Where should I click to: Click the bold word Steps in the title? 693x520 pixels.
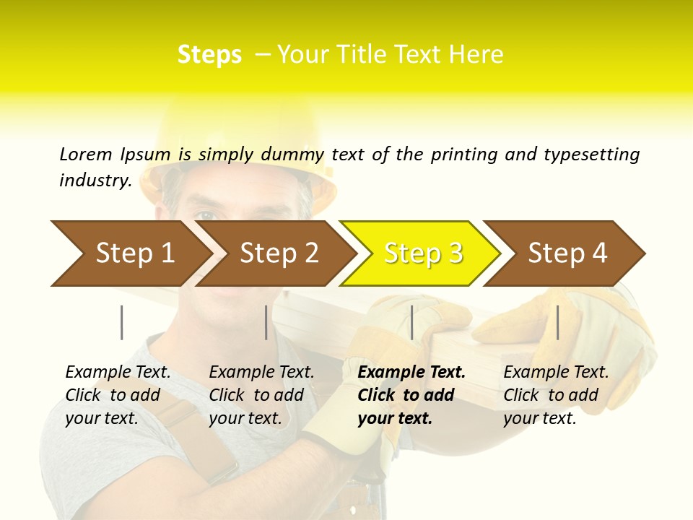209,54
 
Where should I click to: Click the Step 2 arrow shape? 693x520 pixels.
279,253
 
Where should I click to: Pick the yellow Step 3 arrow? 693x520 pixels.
423,253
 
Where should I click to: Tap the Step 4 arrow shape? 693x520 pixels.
567,253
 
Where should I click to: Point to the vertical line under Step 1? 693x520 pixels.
122,322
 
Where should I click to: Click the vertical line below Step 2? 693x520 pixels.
266,322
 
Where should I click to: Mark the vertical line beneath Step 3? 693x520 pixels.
411,322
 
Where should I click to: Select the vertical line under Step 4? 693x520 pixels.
558,322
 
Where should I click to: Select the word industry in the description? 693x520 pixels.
95,181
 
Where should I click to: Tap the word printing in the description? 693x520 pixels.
465,154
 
